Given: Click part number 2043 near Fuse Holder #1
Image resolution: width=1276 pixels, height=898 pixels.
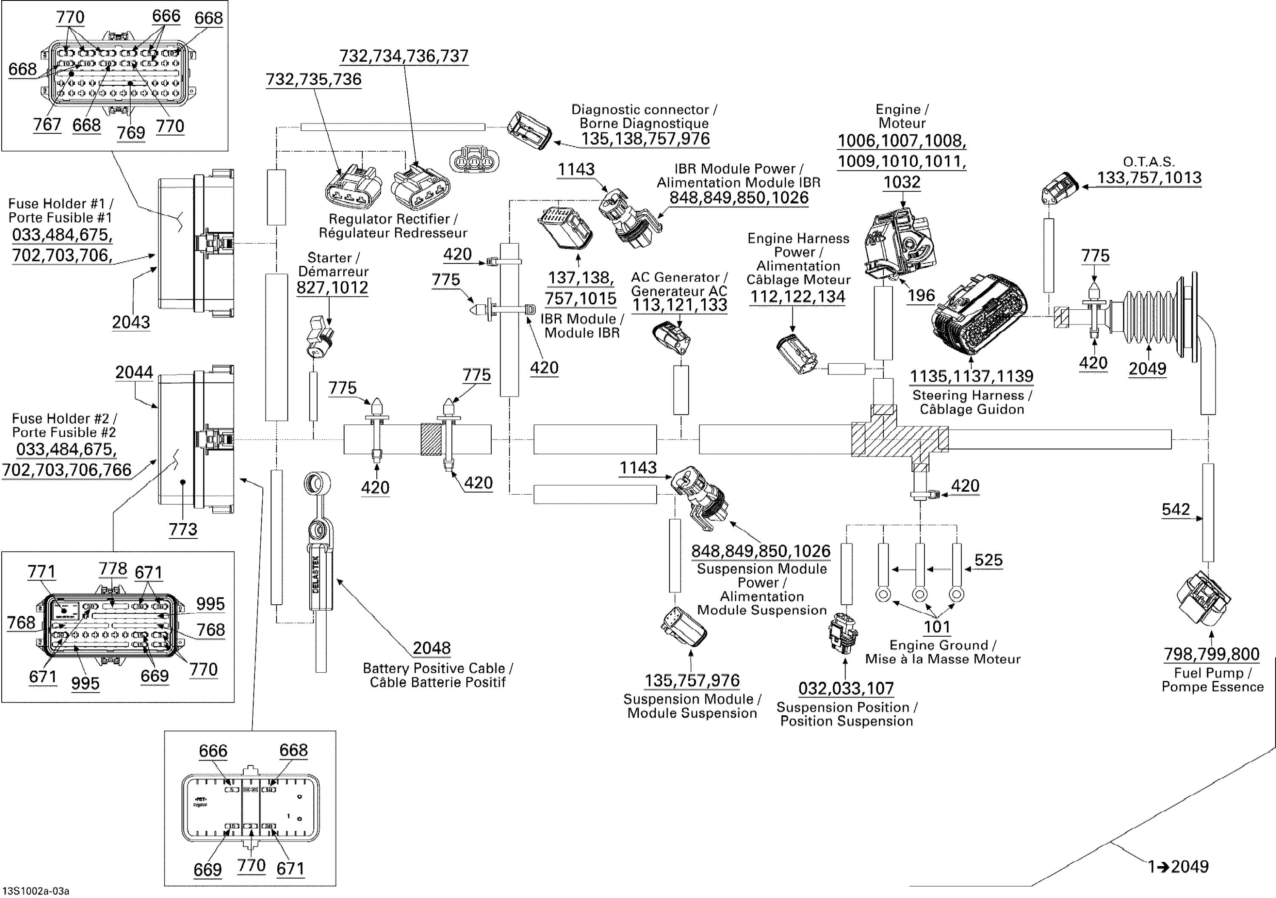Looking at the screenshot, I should [131, 322].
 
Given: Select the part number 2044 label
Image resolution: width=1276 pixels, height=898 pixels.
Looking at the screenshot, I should [134, 372].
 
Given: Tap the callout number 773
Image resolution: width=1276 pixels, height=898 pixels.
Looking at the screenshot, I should [183, 529].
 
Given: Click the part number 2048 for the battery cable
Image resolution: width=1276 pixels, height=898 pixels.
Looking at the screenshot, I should [431, 648].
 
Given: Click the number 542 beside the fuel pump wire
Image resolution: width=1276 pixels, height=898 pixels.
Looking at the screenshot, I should [1176, 509].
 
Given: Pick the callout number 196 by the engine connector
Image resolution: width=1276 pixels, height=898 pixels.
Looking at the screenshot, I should [921, 295].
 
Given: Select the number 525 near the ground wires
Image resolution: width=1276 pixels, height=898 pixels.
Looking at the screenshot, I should [988, 560].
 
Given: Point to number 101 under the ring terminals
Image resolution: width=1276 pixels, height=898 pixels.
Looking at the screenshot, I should [937, 627].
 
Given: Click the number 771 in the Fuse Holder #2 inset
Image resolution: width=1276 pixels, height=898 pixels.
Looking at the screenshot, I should [42, 572].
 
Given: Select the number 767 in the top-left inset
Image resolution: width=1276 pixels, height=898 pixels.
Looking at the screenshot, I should [47, 125].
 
